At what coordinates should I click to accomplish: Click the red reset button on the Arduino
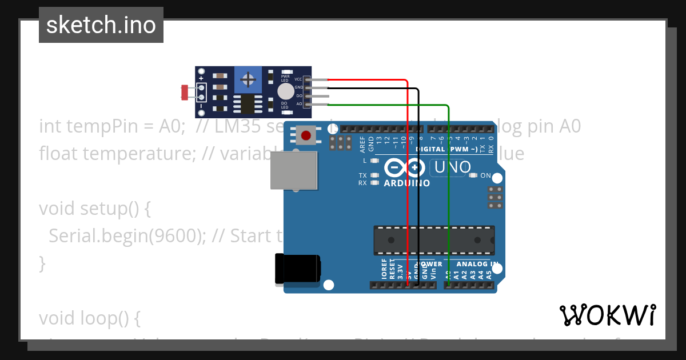pos(306,135)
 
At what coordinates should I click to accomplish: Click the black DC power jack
pos(297,269)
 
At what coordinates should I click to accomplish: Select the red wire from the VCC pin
pos(407,171)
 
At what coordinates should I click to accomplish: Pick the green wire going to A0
pos(449,189)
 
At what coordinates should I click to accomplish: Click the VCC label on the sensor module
pos(298,79)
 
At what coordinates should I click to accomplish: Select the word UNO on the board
pos(453,167)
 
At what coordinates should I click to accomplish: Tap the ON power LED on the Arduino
pos(473,175)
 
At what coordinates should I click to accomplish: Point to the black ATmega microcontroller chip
pos(434,240)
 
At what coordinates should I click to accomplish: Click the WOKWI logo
pos(607,315)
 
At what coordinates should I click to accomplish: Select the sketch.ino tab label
pos(101,25)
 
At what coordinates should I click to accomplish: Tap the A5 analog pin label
pos(489,274)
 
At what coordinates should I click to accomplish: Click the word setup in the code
pos(102,209)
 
